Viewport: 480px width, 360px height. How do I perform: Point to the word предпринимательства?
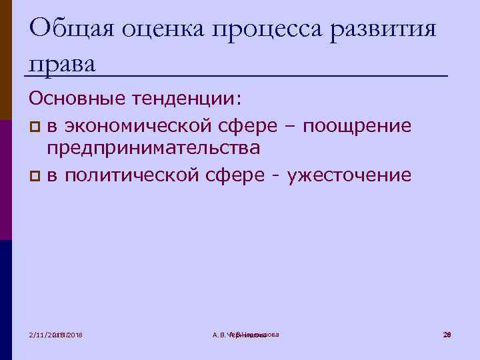(x=153, y=149)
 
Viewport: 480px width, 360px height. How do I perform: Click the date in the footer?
(x=60, y=334)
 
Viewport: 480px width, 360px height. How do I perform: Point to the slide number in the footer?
(x=447, y=333)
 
